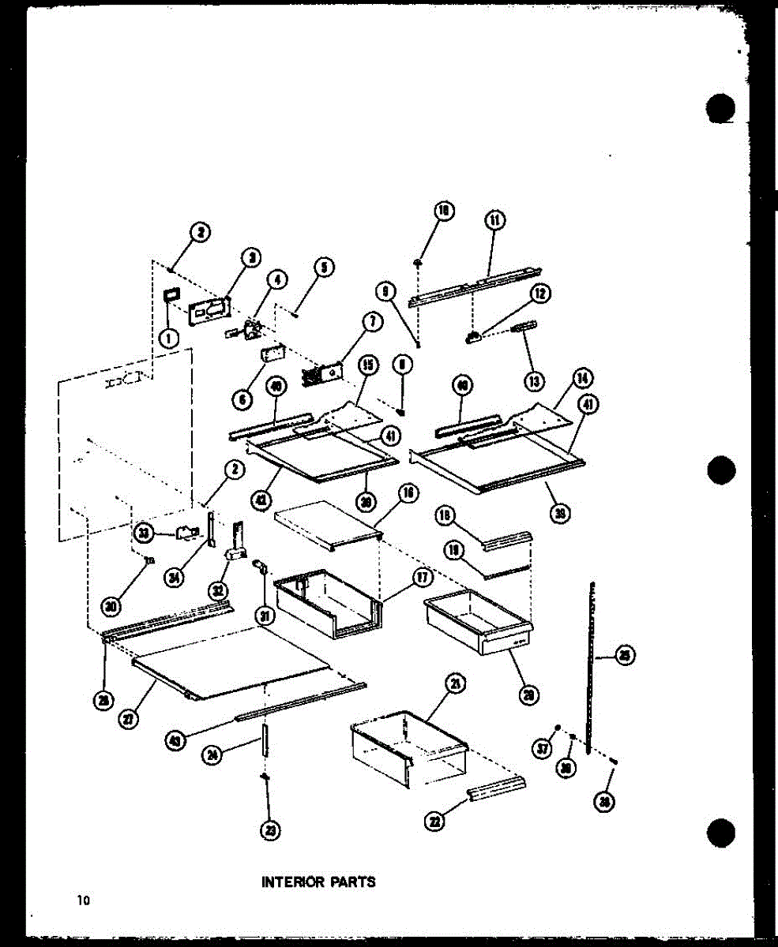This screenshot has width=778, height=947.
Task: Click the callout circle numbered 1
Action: pyautogui.click(x=167, y=338)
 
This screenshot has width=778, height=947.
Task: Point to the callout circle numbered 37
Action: pyautogui.click(x=543, y=749)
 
